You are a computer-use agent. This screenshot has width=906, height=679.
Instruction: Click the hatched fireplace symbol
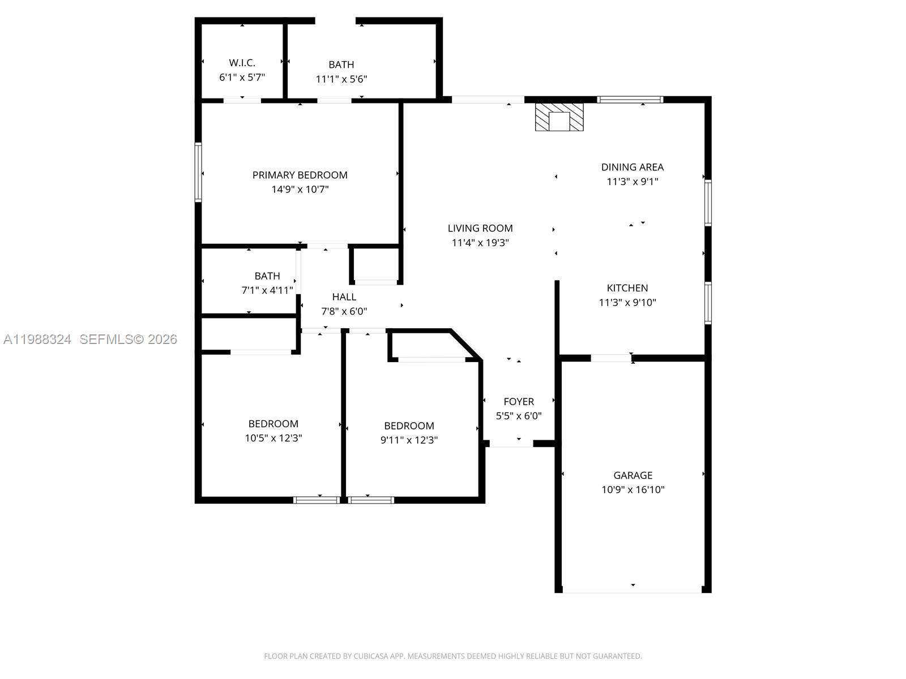pos(559,117)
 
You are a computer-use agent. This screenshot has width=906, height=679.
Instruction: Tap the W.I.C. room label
pos(242,63)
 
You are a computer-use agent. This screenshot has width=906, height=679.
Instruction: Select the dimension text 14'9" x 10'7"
pos(300,190)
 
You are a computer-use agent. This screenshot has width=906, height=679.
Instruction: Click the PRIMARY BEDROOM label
pos(300,175)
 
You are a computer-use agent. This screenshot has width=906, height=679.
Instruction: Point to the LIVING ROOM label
pos(480,228)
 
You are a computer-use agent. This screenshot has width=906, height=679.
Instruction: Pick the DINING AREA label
pos(632,167)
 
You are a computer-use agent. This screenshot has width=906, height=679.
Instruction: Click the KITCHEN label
pos(627,287)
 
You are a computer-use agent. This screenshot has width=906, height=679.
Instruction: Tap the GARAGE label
pos(633,475)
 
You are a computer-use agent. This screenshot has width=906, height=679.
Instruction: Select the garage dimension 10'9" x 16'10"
pos(633,489)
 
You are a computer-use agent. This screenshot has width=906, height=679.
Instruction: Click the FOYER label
pos(519,401)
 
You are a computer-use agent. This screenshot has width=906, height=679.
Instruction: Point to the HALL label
pos(344,296)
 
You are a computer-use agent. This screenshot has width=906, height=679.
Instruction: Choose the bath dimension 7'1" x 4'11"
pos(267,290)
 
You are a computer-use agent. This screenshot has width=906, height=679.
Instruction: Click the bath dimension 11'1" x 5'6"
pos(341,79)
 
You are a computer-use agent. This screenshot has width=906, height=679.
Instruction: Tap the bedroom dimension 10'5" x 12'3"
pos(273,438)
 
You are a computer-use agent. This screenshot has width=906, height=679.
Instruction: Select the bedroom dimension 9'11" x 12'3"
pos(409,440)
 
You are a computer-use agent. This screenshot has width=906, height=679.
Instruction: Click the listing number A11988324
pos(37,339)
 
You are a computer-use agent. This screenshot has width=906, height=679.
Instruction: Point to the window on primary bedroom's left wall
pos(198,172)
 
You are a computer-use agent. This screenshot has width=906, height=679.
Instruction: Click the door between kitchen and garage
pos(611,358)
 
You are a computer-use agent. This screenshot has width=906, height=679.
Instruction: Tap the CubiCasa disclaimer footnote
pos(452,656)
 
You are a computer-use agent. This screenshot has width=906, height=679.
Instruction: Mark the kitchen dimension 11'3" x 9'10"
pos(627,303)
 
